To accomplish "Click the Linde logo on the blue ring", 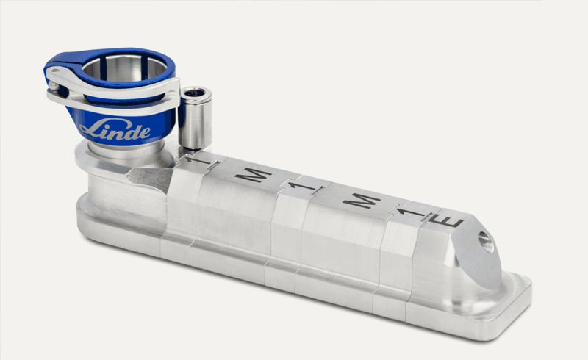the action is pos(115,130).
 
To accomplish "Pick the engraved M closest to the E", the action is pos(362,201).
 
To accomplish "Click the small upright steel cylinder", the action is pos(195,118).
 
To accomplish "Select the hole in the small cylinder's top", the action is pos(195,93).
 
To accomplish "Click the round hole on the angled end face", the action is pos(485,242).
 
